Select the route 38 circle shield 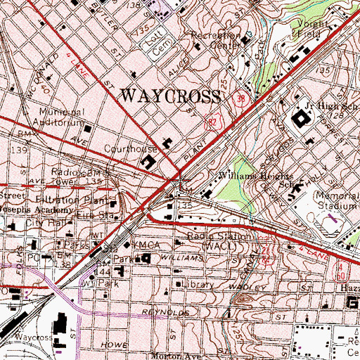point(241,98)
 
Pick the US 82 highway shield point(212,122)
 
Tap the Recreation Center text point(219,39)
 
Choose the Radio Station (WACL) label point(218,242)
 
